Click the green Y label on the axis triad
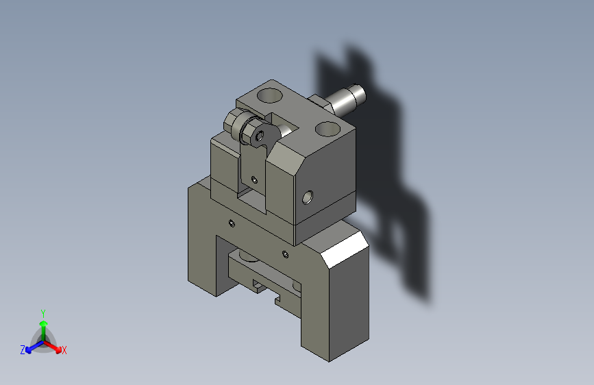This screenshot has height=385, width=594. coord(42,312)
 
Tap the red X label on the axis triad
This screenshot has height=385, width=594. coord(64,351)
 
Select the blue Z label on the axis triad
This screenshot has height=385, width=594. coord(23,350)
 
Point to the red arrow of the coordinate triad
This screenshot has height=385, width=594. coord(55,347)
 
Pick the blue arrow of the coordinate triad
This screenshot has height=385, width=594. coord(31,347)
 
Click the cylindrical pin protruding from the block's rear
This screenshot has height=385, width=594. coord(346,99)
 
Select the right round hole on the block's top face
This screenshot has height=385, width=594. coord(326,127)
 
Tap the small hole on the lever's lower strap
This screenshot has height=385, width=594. coord(254,179)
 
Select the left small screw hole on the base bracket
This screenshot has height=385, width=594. coord(232,223)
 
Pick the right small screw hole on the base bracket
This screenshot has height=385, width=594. coord(285,254)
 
